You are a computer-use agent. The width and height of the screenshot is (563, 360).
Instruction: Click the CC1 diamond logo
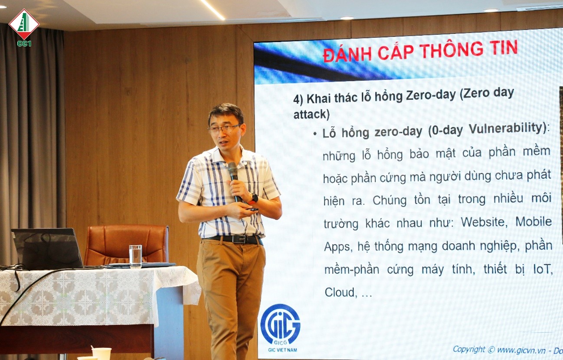(24, 27)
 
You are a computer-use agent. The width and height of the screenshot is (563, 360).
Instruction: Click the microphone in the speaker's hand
(234, 180)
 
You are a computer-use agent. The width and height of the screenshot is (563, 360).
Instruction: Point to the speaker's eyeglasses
(224, 129)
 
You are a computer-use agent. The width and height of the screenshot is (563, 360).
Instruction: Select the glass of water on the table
(135, 256)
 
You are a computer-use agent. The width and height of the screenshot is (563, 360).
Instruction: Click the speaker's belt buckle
(239, 239)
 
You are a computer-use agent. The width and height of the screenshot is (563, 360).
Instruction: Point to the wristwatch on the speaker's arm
(253, 199)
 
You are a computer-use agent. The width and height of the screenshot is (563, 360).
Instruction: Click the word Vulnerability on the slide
(507, 128)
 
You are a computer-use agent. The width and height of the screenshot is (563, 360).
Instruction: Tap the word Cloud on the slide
(340, 292)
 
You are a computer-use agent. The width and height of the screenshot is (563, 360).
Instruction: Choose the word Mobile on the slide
(534, 222)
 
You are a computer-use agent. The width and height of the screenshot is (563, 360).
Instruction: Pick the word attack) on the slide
(311, 115)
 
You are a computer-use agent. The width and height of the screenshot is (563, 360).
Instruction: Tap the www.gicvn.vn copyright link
(521, 350)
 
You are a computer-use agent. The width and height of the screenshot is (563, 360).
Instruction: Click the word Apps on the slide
(337, 247)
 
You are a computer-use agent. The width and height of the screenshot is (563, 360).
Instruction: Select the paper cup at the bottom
(101, 354)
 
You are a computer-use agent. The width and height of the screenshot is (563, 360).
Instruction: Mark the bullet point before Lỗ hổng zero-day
(315, 134)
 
